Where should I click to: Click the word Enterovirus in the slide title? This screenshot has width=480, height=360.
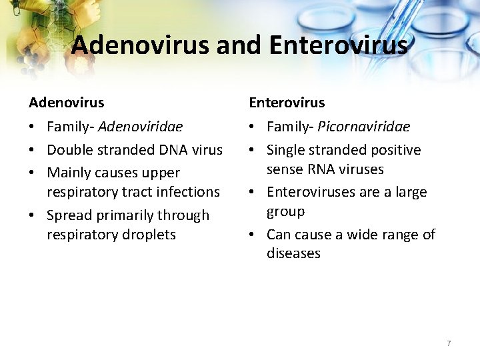tap(339, 45)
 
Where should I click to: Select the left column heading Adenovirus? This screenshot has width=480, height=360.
tap(67, 103)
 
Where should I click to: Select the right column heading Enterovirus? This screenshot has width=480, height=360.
tap(287, 103)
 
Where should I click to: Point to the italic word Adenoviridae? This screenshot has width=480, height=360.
tap(140, 127)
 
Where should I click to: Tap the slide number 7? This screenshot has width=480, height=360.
tap(449, 343)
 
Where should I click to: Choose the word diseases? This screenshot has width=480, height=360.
tap(293, 253)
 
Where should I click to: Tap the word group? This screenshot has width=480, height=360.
tap(285, 211)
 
